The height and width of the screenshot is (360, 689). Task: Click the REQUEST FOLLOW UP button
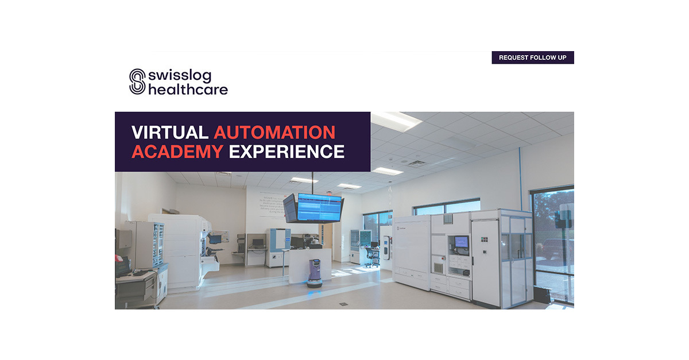point(532,57)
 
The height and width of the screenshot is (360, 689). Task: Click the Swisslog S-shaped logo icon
point(137,82)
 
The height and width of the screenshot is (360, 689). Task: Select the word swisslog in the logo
point(179,75)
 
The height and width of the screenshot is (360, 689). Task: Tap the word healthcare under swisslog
point(188,90)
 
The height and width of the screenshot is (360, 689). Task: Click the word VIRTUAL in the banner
point(169,132)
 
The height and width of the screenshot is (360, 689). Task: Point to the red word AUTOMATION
point(274,132)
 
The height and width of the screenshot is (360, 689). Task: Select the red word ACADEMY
point(177,152)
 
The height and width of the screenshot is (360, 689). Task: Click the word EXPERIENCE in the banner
point(287,152)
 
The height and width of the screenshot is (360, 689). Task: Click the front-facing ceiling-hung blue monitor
point(319,207)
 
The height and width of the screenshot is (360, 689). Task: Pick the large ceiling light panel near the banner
point(396,120)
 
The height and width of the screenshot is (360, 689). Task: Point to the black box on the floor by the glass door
point(541,294)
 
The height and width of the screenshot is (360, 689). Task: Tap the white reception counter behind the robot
point(309,264)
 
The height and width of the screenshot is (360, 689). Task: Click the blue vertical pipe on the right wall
point(521,178)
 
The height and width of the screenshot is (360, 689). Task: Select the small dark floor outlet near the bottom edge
point(343,303)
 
